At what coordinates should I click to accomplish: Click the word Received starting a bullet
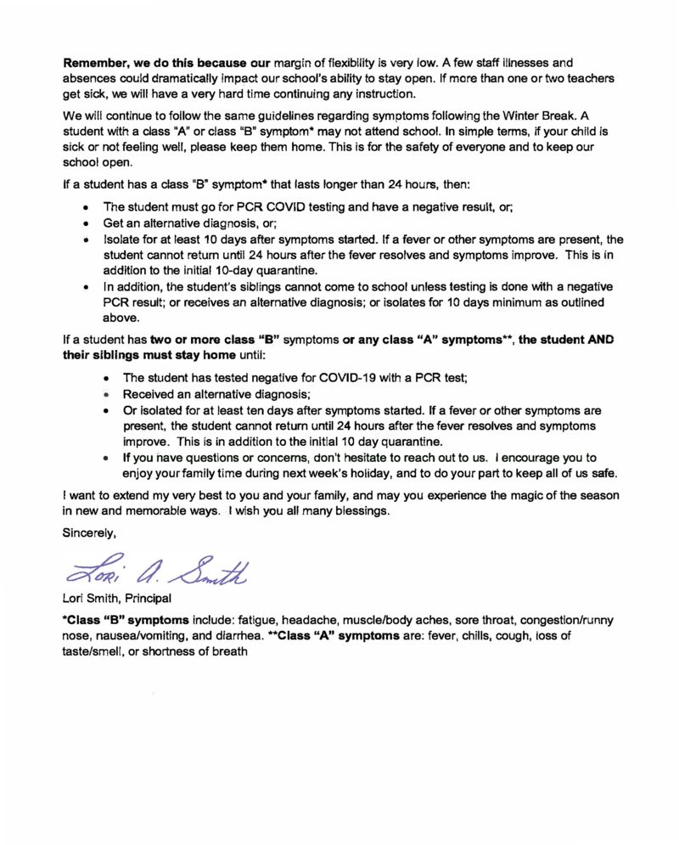[149, 394]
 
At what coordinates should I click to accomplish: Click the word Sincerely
[89, 533]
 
